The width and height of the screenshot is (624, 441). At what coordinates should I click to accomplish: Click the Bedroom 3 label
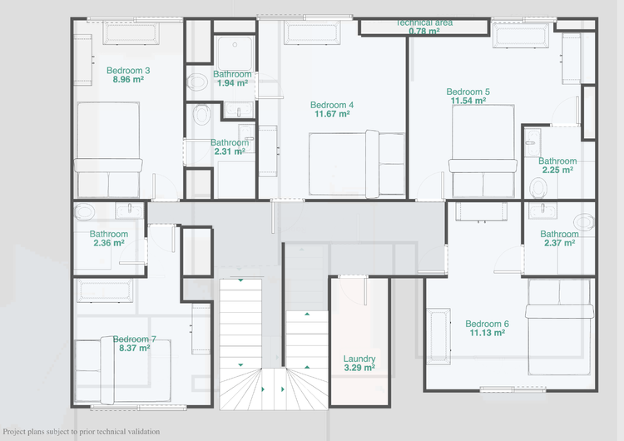coord(128,71)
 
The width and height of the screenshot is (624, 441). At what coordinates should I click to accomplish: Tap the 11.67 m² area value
coord(332,114)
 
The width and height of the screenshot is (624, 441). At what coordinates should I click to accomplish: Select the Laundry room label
coord(359,359)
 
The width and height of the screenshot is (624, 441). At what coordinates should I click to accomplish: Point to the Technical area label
coord(424,22)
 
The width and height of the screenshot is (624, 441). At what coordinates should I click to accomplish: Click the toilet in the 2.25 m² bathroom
coord(538,187)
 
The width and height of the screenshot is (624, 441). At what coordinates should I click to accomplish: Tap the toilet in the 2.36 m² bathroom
coord(84,211)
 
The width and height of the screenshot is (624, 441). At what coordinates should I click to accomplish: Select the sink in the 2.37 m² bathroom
coord(542,211)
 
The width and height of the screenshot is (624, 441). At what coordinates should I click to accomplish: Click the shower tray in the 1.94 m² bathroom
coord(235,54)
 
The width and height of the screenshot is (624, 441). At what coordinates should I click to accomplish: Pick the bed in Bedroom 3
coord(108,150)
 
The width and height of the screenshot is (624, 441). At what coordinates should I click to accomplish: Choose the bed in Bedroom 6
coord(559,327)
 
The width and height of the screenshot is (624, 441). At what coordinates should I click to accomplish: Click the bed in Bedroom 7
coord(123,370)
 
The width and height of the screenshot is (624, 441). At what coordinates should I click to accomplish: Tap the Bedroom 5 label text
coord(468,92)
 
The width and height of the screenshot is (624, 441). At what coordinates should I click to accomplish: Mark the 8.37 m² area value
coord(135,349)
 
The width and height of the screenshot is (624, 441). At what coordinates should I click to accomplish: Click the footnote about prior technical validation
coord(82,432)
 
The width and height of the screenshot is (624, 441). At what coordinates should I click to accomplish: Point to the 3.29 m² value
coord(359,368)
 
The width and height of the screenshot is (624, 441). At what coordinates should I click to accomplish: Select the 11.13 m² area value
coord(487,333)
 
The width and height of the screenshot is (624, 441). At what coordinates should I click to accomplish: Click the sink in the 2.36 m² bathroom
coord(130,211)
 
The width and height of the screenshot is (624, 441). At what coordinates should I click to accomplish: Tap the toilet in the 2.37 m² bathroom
coord(584,221)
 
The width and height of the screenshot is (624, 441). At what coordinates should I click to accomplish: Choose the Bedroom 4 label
coord(332,105)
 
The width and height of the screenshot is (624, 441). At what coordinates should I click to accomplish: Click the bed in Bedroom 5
coord(483,151)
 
